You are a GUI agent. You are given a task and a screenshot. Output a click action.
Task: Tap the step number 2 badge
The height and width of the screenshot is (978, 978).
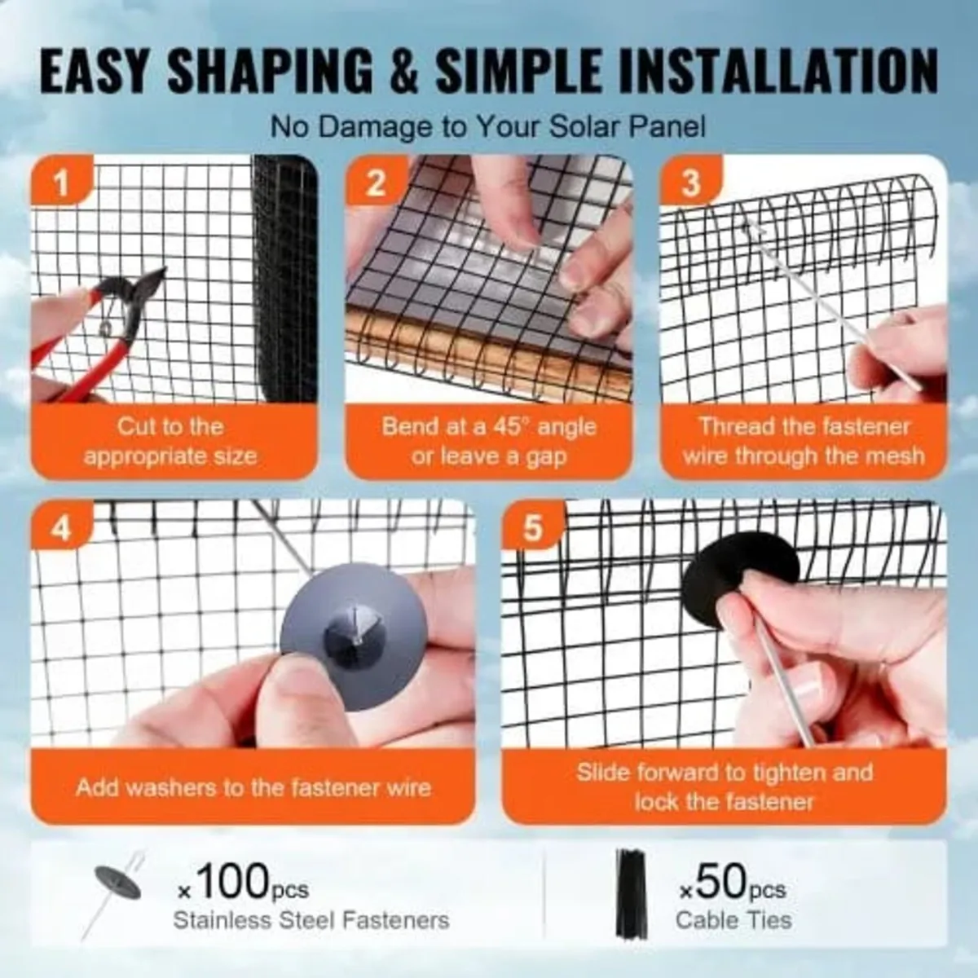point(376,184)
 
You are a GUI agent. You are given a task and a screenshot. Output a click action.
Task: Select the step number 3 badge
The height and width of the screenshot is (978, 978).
point(690,184)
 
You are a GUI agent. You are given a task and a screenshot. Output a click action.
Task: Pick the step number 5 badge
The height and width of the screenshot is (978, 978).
point(532,529)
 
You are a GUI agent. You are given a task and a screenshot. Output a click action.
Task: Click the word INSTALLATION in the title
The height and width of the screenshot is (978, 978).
point(778,72)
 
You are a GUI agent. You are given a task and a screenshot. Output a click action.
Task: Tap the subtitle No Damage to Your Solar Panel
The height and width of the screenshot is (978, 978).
point(487,127)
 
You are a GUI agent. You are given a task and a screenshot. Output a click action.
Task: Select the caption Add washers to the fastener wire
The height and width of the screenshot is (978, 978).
point(253,787)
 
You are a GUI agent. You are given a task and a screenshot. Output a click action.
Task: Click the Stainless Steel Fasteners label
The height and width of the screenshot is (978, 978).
point(311,920)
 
